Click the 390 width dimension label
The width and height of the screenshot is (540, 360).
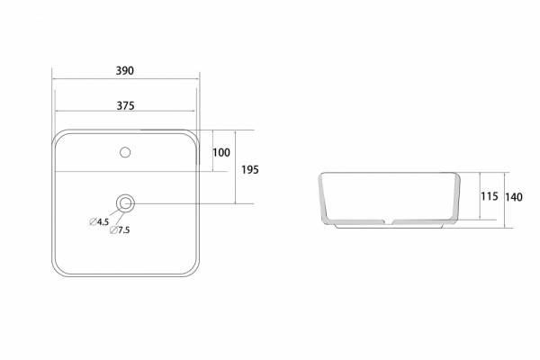click(125, 70)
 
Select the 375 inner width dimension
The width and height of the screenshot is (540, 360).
click(125, 106)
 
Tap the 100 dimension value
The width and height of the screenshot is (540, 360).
click(221, 153)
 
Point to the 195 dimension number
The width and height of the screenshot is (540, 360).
click(250, 170)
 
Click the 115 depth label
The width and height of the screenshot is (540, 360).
click(490, 196)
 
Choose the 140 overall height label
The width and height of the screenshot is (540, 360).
click(514, 197)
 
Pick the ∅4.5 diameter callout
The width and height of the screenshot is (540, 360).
click(99, 222)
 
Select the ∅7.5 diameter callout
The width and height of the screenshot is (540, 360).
click(120, 229)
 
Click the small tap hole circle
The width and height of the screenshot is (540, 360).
click(125, 152)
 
